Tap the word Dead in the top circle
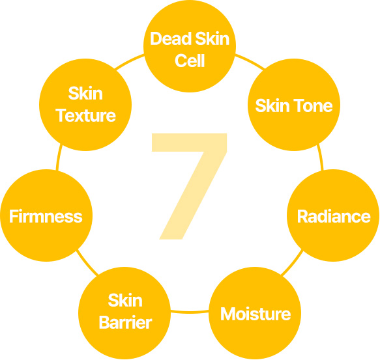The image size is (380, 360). click(171, 39)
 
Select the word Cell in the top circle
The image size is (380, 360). click(190, 61)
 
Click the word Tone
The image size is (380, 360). click(314, 106)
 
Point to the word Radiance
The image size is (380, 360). click(334, 216)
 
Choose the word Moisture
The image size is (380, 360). click(256, 314)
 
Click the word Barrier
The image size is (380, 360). click(125, 322)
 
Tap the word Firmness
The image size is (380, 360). click(46, 216)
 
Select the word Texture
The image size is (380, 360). click(85, 115)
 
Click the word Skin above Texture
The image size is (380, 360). click(85, 93)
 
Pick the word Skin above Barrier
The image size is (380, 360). click(125, 301)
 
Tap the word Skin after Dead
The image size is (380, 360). click(212, 39)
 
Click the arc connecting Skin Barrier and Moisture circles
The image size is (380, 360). click(190, 312)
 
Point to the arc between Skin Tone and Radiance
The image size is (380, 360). click(321, 158)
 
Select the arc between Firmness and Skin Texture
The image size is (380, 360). click(59, 158)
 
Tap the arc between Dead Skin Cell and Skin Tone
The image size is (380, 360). click(250, 61)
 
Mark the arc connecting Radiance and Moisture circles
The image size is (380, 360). click(293, 263)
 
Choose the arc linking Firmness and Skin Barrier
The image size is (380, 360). click(87, 263)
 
